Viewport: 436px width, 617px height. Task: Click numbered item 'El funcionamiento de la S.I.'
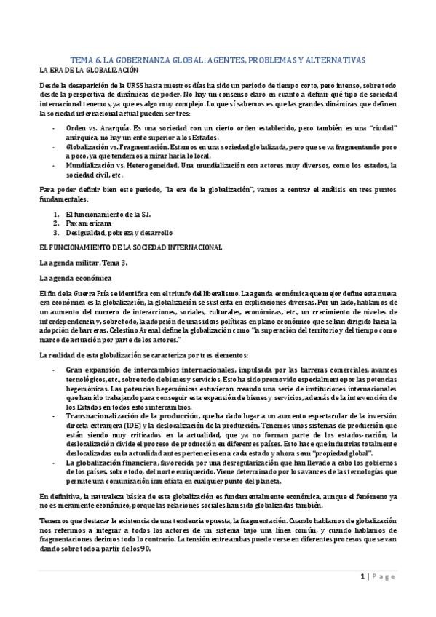pos(100,215)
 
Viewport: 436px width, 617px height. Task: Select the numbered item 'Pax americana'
pos(85,224)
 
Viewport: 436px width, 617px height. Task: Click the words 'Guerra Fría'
pos(95,293)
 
